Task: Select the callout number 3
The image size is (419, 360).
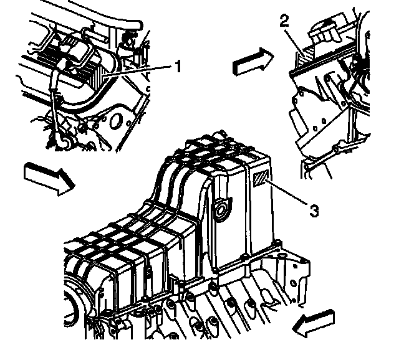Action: (x=315, y=211)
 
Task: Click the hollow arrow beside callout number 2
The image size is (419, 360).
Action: (x=252, y=62)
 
